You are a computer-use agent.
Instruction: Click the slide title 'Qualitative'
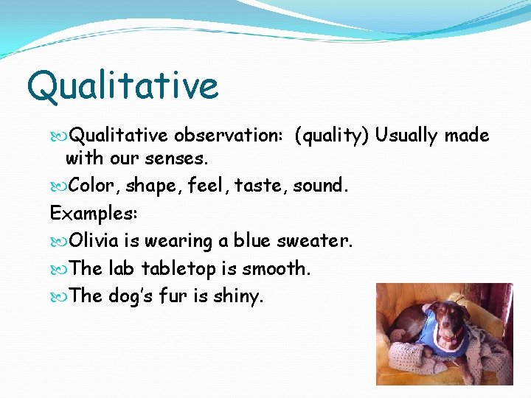click(x=122, y=85)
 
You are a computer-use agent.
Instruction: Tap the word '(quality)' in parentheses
click(x=331, y=136)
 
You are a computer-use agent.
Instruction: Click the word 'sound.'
click(x=321, y=186)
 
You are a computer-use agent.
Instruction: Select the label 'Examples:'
click(x=94, y=213)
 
